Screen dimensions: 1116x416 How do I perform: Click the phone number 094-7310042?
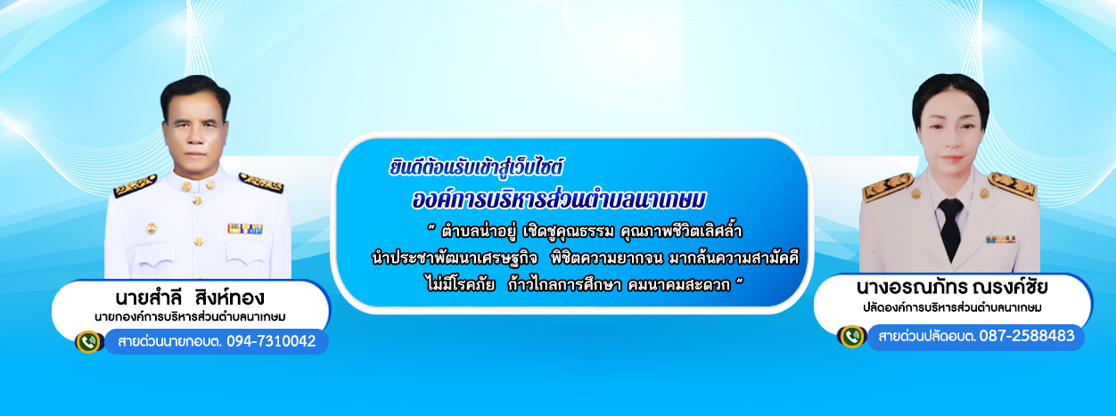coord(271,341)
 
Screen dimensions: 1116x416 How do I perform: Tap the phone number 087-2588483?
coord(1027,337)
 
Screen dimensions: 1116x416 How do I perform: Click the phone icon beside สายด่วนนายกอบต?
coord(88,342)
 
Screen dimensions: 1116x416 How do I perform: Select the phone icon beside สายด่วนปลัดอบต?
coord(852,337)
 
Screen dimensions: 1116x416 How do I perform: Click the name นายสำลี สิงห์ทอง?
coord(190,298)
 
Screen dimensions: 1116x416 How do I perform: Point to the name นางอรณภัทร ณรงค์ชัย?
coord(952,287)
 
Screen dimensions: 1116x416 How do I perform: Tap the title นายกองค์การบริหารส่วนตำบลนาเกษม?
coord(190,317)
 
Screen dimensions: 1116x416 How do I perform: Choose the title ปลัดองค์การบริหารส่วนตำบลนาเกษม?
coord(952,307)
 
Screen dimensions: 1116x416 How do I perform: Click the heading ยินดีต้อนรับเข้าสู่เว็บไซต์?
coord(476,167)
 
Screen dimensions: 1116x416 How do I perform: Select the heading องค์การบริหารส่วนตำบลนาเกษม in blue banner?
coord(559,200)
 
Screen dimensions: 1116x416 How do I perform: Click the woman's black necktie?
coord(950,226)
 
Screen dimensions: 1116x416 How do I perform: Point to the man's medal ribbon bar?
coord(244,229)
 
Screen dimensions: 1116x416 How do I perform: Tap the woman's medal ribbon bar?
coord(1000,240)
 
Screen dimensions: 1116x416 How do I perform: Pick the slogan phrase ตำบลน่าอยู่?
coord(479,232)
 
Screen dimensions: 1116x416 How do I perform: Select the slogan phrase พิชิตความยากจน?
coord(607,258)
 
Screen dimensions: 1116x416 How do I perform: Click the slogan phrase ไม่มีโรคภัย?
coord(461,285)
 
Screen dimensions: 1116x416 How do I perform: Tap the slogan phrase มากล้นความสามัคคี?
coord(734,258)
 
